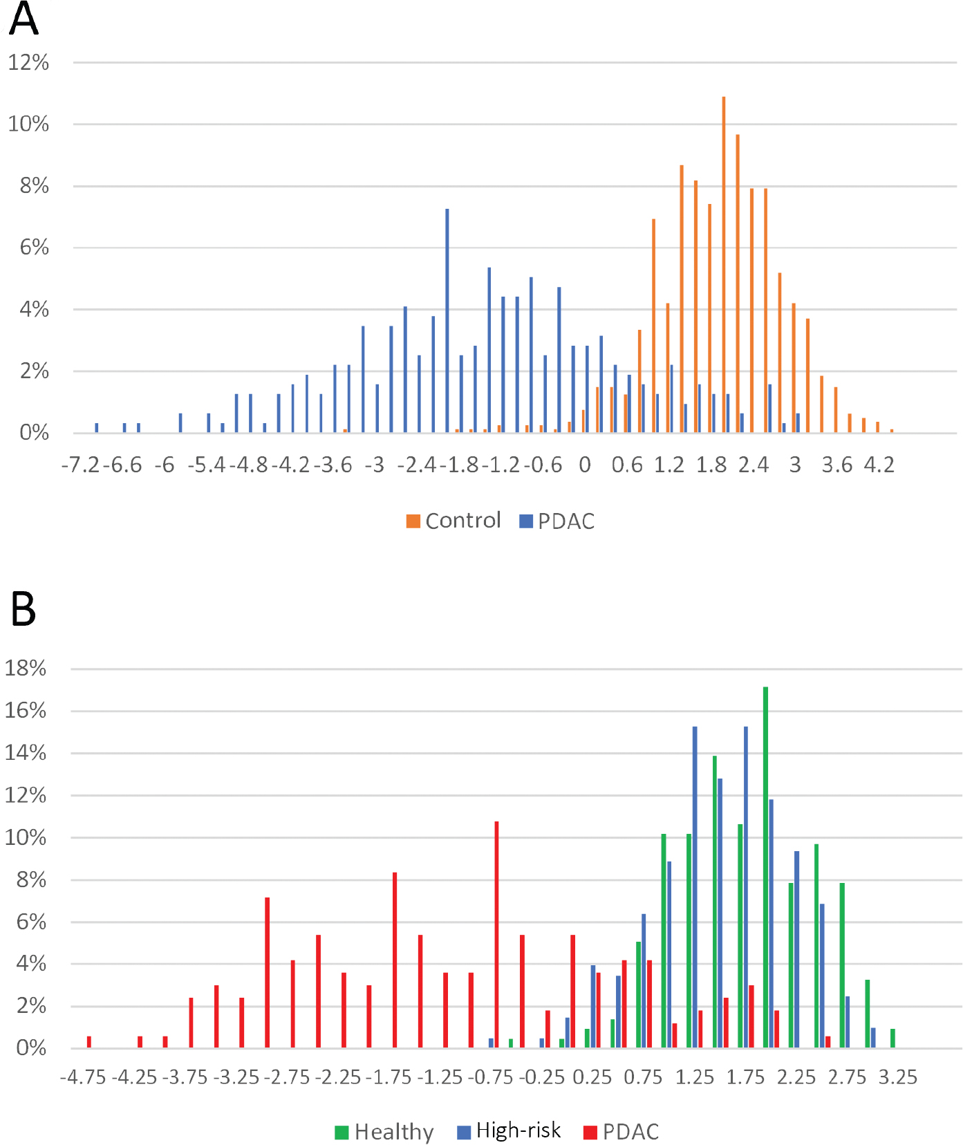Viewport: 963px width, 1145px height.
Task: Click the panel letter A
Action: tap(23, 19)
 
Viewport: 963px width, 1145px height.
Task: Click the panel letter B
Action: tap(23, 609)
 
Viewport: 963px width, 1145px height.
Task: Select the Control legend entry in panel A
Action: tap(454, 521)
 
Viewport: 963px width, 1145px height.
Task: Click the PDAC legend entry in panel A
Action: tap(557, 521)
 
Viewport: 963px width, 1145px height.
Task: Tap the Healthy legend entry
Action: tap(384, 1132)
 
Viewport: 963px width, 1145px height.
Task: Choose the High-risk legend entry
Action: tap(509, 1130)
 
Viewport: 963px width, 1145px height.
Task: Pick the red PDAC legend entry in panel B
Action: tap(621, 1132)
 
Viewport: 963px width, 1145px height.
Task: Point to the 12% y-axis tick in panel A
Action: tap(28, 63)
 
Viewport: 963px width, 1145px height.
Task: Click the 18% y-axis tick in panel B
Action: tap(26, 669)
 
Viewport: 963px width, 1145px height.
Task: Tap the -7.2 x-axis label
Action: tap(82, 465)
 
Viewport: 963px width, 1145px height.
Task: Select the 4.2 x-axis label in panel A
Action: tap(879, 465)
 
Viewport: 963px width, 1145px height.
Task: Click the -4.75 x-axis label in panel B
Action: tap(83, 1077)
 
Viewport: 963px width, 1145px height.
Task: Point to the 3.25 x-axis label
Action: tap(898, 1077)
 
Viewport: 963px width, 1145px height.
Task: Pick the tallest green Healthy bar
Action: tap(766, 867)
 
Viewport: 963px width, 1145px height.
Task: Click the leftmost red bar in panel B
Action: tap(89, 1042)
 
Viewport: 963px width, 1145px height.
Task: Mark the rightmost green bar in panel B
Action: tap(893, 1039)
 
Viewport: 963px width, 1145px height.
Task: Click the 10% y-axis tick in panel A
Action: tap(28, 124)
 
